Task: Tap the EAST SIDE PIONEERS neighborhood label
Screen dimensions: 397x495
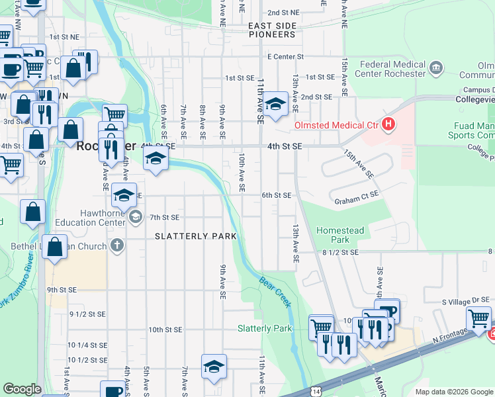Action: pyautogui.click(x=272, y=30)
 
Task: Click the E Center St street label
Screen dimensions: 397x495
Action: pyautogui.click(x=285, y=57)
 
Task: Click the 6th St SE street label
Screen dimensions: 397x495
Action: pyautogui.click(x=277, y=195)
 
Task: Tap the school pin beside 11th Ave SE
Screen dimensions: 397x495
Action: pyautogui.click(x=275, y=105)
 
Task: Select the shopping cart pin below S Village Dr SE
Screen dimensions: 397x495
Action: pyautogui.click(x=478, y=318)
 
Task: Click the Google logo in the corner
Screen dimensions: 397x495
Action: pyautogui.click(x=22, y=390)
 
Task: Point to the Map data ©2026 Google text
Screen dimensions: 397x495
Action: pyautogui.click(x=453, y=392)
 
